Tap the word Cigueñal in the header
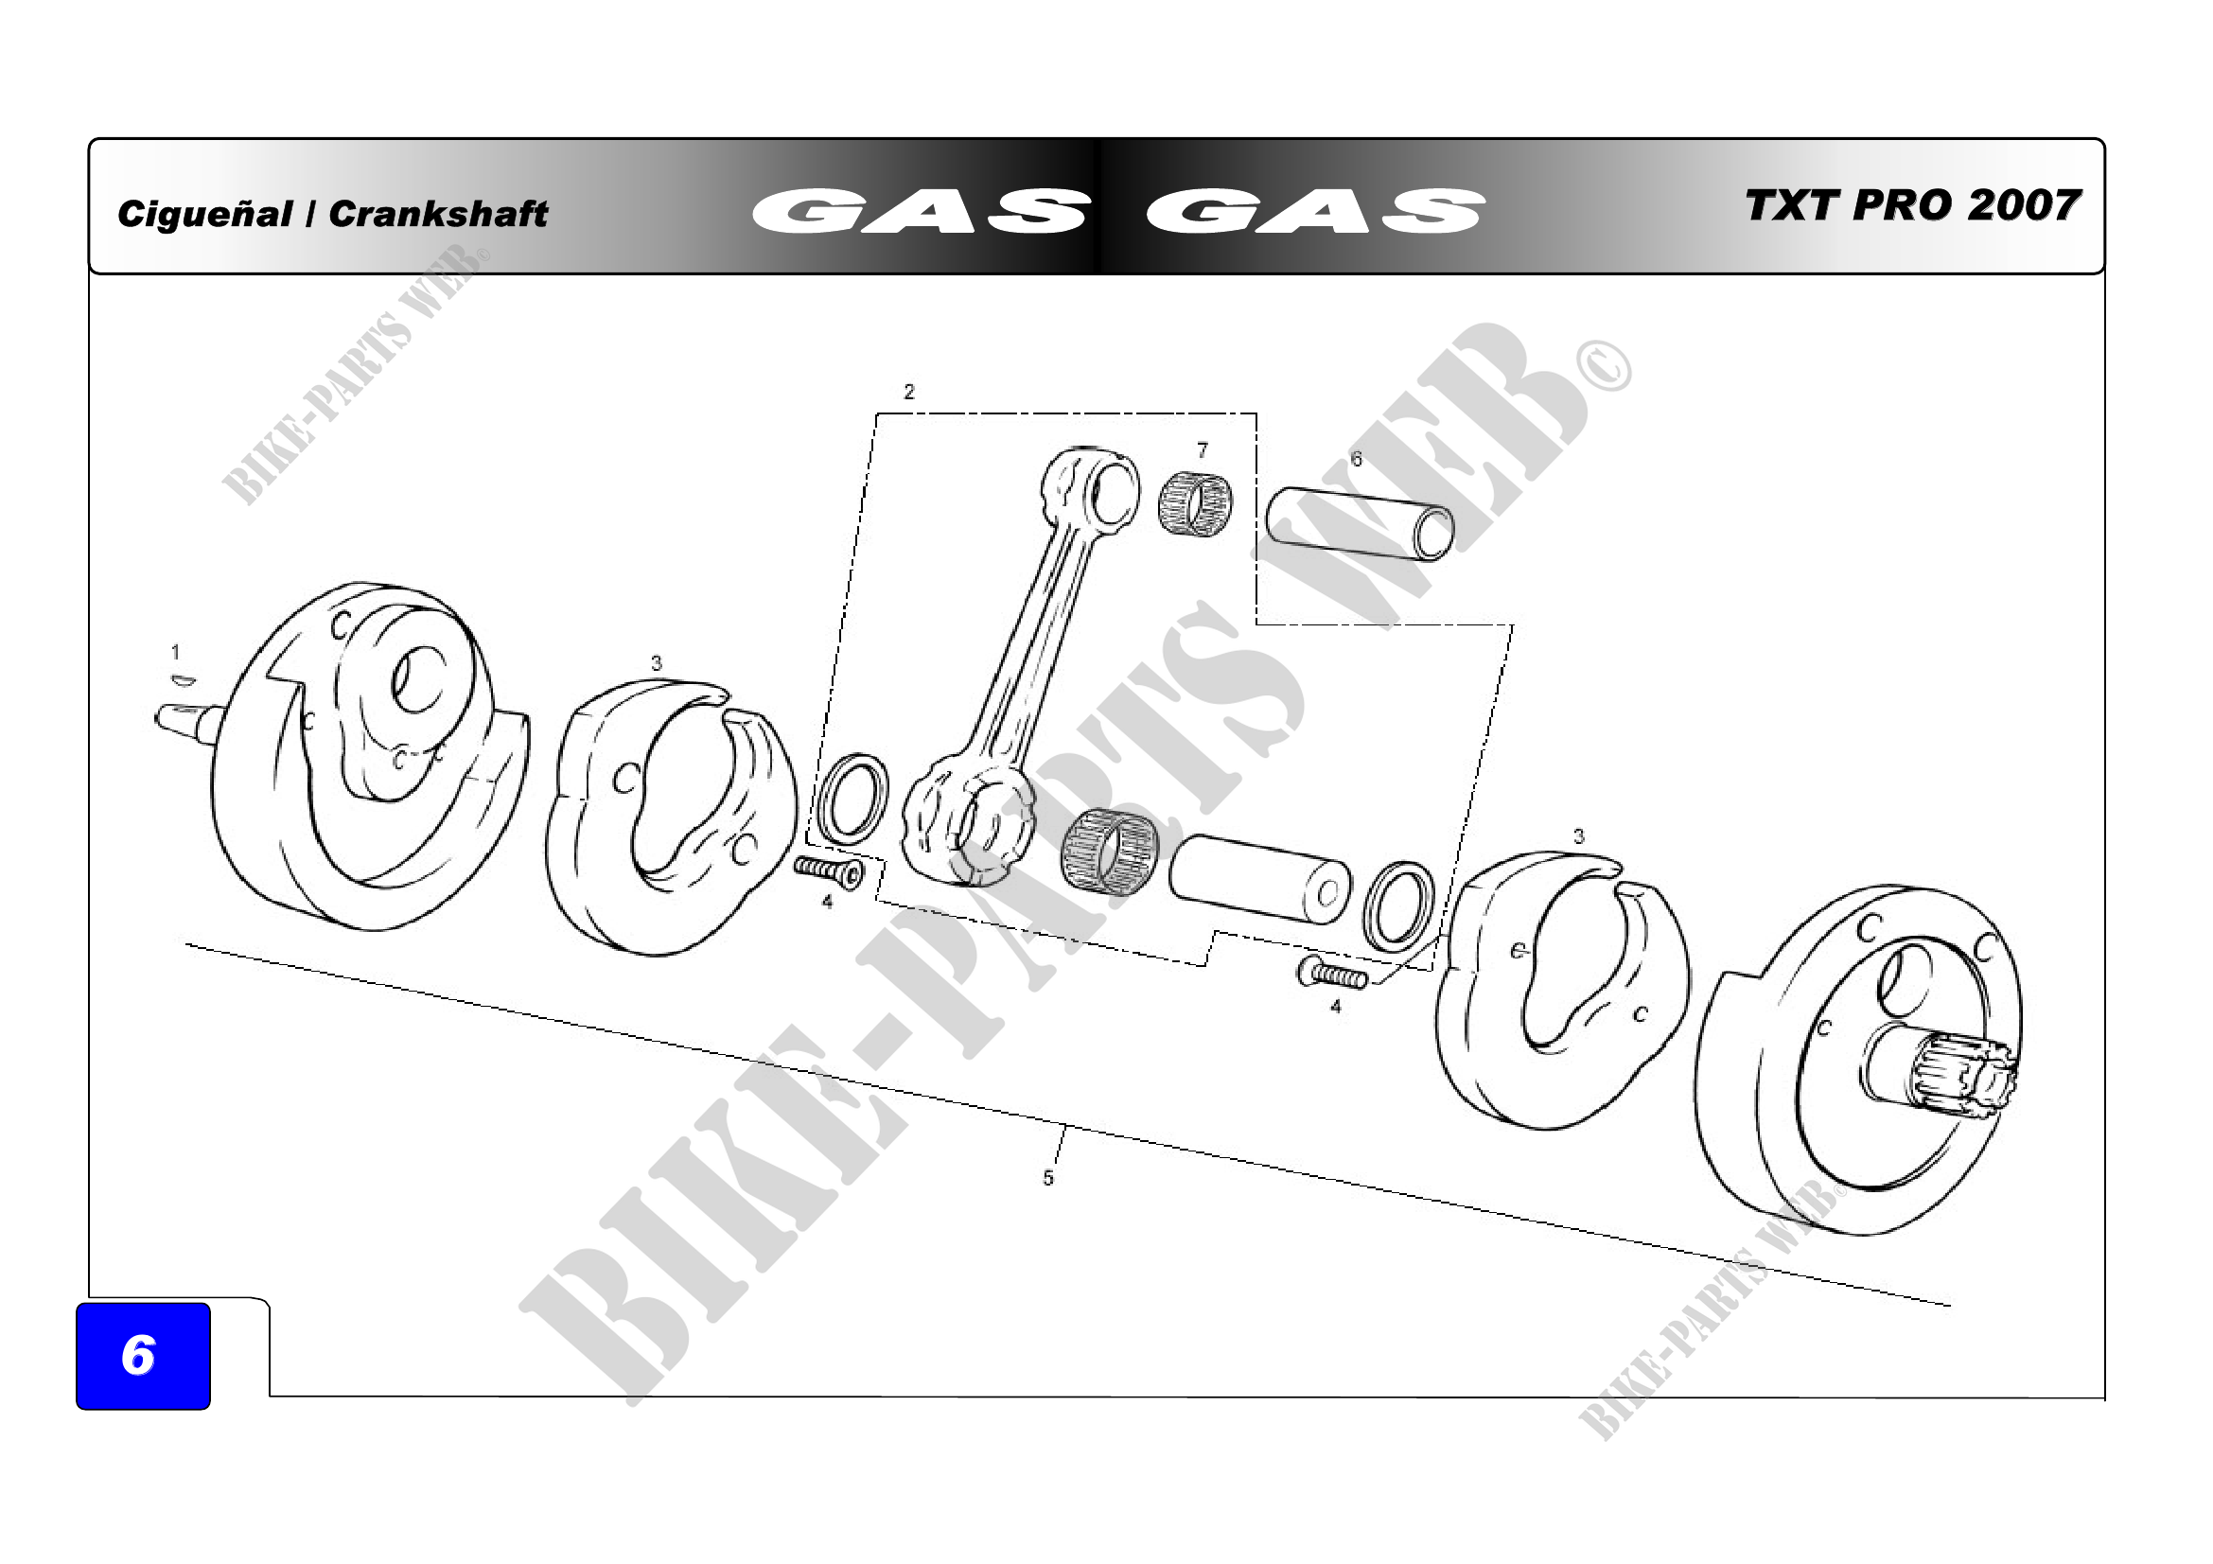[204, 214]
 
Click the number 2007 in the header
[2023, 206]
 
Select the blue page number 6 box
[143, 1356]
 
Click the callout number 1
[175, 653]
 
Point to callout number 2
[909, 392]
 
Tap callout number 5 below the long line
[1047, 1178]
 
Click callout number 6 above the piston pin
[1356, 459]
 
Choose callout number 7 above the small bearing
[1202, 450]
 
